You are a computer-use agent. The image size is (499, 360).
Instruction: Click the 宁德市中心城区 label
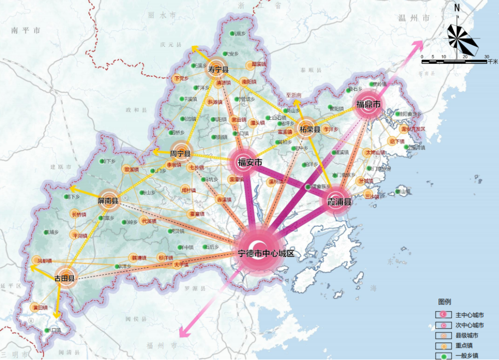pos(266,253)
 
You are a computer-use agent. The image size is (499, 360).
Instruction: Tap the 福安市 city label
pos(250,162)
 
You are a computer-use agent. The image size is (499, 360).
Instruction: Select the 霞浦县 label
pos(339,202)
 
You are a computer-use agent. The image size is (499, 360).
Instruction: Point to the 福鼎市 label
pos(368,105)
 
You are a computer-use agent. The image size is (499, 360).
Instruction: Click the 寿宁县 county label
pos(218,69)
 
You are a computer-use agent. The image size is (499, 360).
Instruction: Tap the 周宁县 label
pos(180,153)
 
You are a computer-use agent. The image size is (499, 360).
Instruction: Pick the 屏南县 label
pos(108,201)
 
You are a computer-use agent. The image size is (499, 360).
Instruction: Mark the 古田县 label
pos(64,278)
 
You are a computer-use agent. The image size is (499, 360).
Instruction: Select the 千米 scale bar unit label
pos(493,61)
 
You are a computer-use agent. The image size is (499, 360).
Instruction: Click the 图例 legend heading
pos(445,302)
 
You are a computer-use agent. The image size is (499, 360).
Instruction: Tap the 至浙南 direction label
pos(293,95)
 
